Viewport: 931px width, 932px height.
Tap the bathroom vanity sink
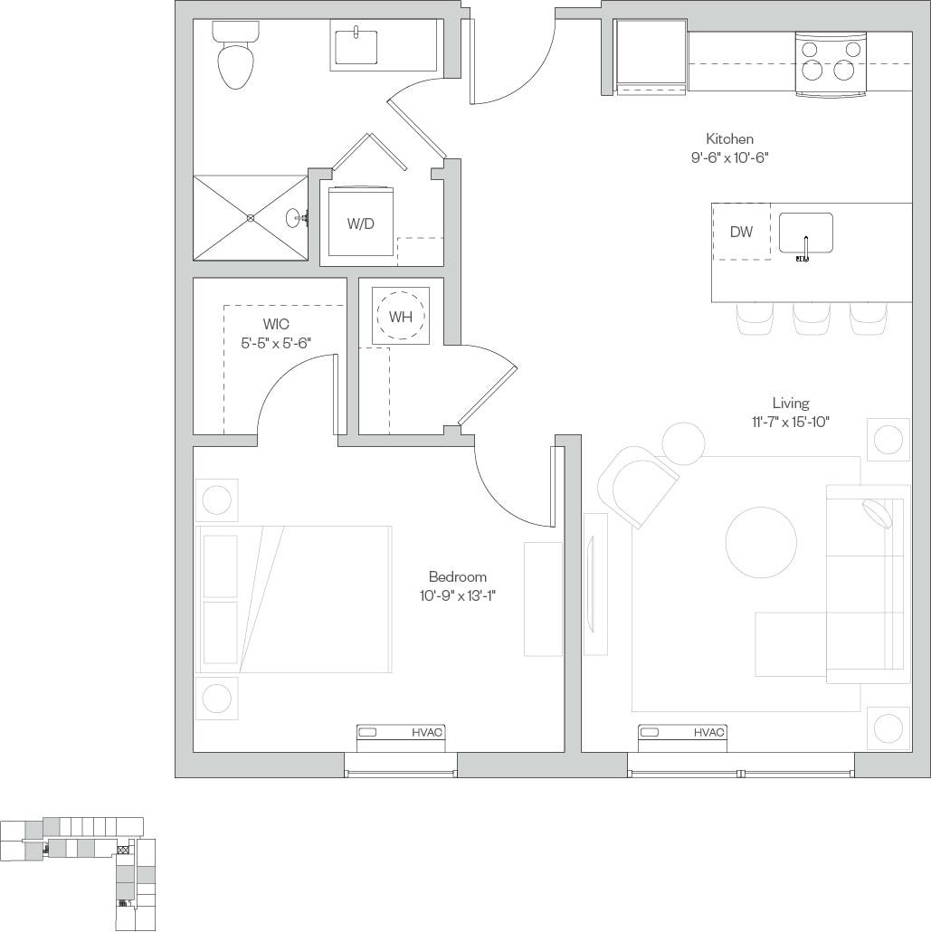point(356,47)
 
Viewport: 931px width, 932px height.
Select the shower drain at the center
point(251,218)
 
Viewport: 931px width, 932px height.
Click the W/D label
point(360,223)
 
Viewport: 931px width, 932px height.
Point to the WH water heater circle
point(401,317)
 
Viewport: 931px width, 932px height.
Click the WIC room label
point(276,324)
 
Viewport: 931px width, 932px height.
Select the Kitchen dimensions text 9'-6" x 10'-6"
point(730,157)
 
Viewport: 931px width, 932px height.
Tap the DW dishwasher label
point(741,232)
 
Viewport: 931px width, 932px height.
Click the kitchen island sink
point(805,233)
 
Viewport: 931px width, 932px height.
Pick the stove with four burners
point(831,63)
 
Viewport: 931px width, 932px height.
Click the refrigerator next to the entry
point(651,55)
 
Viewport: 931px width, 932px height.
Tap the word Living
point(790,404)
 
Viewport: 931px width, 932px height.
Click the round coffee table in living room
point(762,542)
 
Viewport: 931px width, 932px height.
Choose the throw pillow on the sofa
point(878,513)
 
